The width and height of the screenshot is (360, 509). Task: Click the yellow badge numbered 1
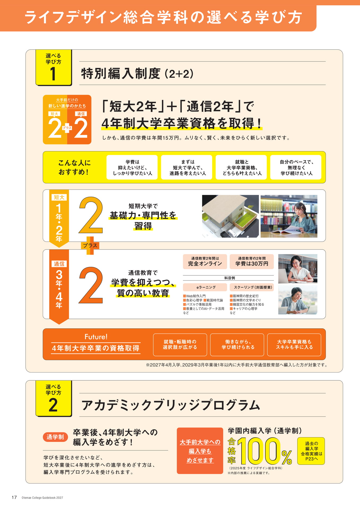pyautogui.click(x=54, y=67)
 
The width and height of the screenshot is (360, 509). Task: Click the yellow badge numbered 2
pyautogui.click(x=54, y=398)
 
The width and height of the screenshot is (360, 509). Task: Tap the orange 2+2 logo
pyautogui.click(x=67, y=120)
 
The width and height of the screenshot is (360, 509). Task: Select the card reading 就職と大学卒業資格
pyautogui.click(x=241, y=167)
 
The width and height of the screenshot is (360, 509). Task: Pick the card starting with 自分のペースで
pyautogui.click(x=296, y=167)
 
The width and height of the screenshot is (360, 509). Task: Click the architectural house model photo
pyautogui.click(x=230, y=216)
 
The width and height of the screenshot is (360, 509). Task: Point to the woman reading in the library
pyautogui.click(x=289, y=216)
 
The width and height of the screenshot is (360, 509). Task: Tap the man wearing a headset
pyautogui.click(x=298, y=300)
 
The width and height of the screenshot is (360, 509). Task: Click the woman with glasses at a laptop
pyautogui.click(x=298, y=269)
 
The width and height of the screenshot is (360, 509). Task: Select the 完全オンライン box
pyautogui.click(x=205, y=261)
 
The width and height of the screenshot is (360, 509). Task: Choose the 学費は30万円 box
pyautogui.click(x=252, y=261)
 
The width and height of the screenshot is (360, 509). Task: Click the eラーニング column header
pyautogui.click(x=205, y=287)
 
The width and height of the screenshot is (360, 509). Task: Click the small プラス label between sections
pyautogui.click(x=90, y=245)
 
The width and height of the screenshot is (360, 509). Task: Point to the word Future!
pyautogui.click(x=96, y=337)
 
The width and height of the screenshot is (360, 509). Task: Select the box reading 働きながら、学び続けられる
pyautogui.click(x=237, y=345)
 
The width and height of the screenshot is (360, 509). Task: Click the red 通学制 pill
pyautogui.click(x=55, y=437)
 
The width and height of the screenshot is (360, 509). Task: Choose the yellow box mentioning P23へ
pyautogui.click(x=311, y=451)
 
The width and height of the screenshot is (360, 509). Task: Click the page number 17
pyautogui.click(x=14, y=497)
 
